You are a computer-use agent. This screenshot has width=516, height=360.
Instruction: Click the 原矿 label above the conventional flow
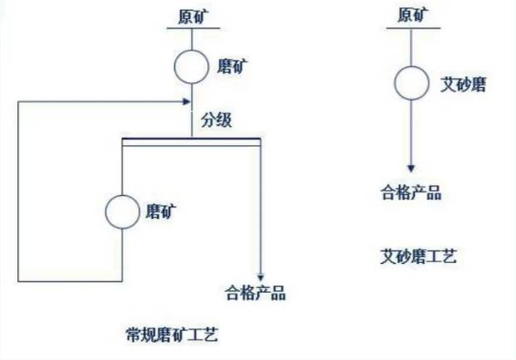coord(193,17)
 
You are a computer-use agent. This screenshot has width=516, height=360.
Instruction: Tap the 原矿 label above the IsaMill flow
coord(413,15)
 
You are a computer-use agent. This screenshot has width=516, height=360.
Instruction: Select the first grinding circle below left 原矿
coord(191,67)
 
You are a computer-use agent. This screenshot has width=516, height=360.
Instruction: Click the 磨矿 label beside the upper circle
coord(232,66)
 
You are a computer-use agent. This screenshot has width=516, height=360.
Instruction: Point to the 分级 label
coord(217,119)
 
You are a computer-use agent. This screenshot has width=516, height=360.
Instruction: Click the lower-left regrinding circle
coord(123,212)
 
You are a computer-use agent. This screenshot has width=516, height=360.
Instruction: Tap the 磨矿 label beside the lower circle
coord(161,211)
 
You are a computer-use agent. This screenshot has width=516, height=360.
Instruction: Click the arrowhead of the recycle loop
coord(187,101)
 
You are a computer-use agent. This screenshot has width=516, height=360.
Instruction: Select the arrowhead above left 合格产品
coord(260,277)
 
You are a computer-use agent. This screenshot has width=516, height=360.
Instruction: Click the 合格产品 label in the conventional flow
coord(256,293)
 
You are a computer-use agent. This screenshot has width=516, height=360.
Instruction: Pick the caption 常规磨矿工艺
coord(172,335)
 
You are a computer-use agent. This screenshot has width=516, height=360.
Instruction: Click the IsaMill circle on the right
coord(411,83)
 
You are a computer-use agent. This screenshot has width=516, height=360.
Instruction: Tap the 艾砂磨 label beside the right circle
coord(464,85)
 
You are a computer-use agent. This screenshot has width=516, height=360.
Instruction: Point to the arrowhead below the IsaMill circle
coord(411,168)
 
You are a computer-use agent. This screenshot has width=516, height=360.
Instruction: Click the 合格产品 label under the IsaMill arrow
coord(411,192)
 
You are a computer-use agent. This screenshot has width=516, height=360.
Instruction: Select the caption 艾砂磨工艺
coord(419,256)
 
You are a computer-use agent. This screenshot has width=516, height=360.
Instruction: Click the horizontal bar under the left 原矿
coord(193,28)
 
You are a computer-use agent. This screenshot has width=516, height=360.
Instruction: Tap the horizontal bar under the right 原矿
coord(413,28)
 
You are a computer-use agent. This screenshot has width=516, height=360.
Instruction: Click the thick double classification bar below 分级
coord(192,142)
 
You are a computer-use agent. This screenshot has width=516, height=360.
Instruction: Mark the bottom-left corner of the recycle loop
coord(18,281)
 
